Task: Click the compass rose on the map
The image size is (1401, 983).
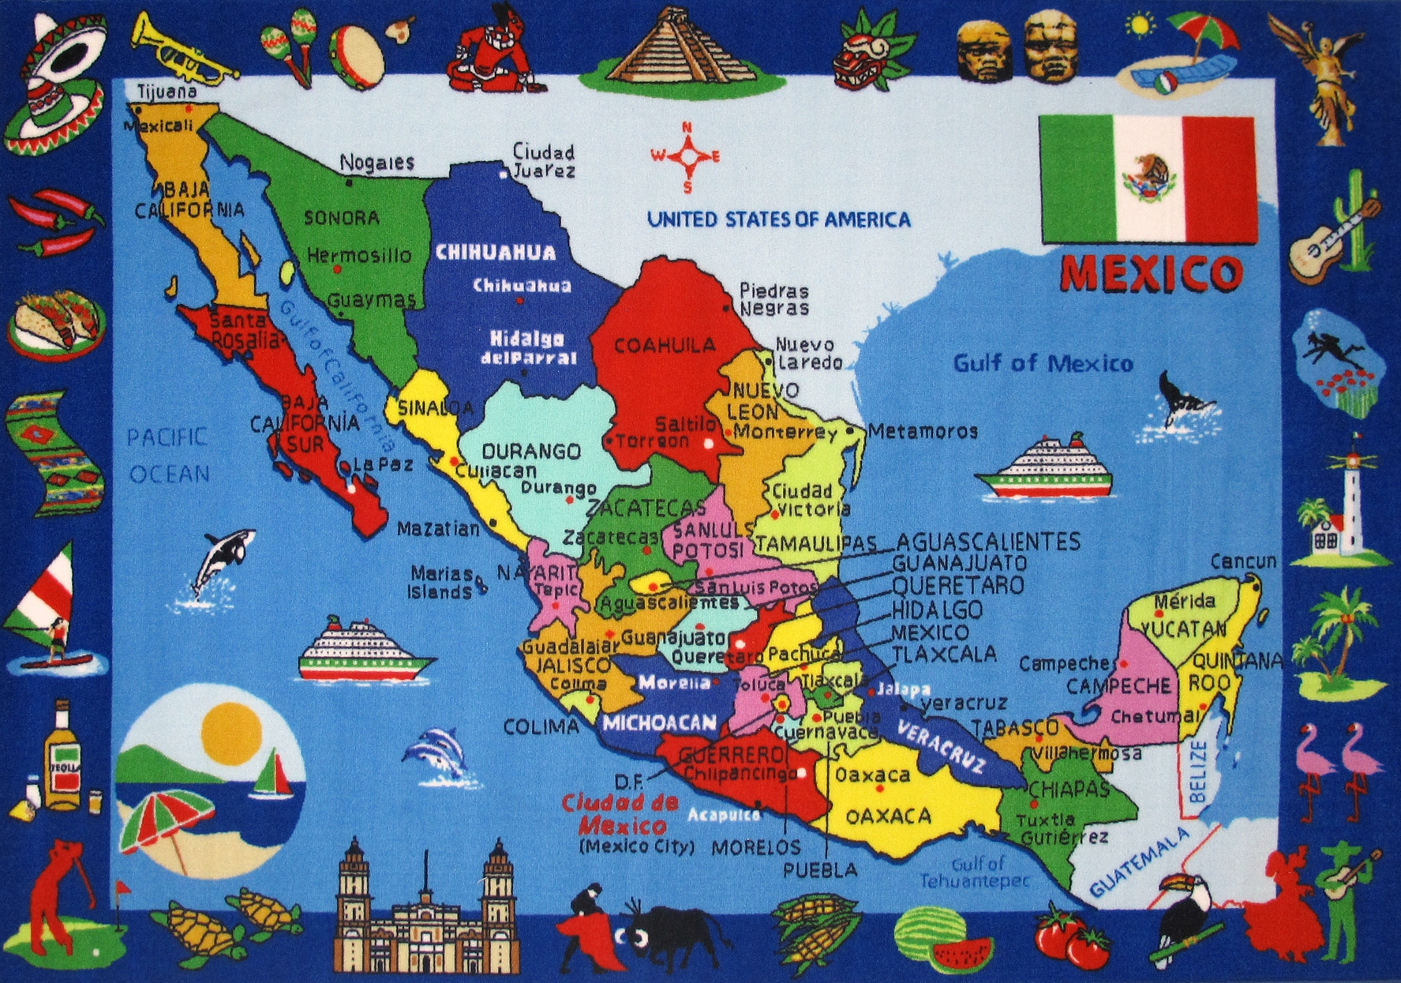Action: click(x=686, y=156)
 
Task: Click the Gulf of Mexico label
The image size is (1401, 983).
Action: click(x=1043, y=363)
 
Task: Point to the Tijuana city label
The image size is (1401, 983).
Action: click(x=167, y=91)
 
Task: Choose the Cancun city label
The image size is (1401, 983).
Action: click(x=1243, y=561)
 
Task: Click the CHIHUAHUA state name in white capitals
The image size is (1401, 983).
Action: click(x=496, y=253)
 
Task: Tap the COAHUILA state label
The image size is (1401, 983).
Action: click(x=665, y=345)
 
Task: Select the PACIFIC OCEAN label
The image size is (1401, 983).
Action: click(x=169, y=455)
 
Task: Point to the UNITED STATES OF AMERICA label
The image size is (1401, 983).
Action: click(x=778, y=219)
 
